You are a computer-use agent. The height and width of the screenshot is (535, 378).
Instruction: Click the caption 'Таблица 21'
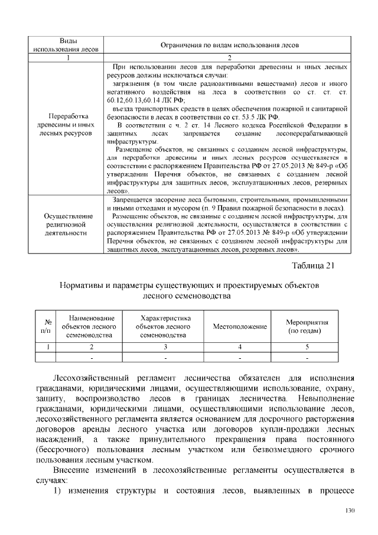click(x=314, y=264)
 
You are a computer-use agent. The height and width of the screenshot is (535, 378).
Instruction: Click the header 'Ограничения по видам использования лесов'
click(x=230, y=44)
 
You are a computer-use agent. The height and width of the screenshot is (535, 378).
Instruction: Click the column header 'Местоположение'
click(x=240, y=327)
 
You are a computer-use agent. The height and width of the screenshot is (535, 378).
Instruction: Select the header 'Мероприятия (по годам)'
click(x=308, y=327)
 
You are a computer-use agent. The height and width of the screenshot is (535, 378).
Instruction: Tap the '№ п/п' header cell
click(x=43, y=327)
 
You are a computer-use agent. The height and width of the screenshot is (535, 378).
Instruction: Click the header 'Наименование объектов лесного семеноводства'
click(x=92, y=327)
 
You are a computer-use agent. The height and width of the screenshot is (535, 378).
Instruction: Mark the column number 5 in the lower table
click(x=308, y=347)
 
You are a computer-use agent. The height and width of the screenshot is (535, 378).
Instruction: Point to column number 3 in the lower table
click(x=165, y=347)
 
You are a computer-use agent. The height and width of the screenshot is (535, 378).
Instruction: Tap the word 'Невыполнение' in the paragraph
click(x=323, y=398)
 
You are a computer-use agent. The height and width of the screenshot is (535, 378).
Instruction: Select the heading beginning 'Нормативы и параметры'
click(x=189, y=284)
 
